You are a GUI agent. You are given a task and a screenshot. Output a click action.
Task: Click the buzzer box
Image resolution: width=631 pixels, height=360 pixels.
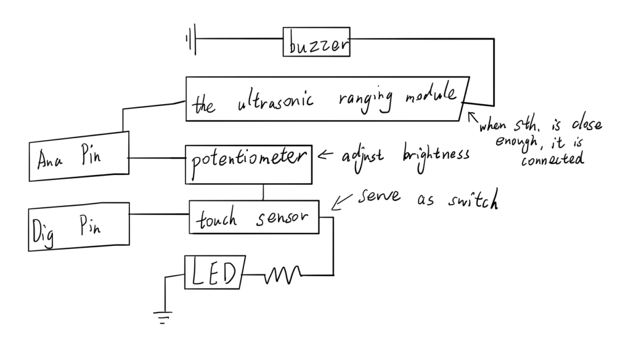coord(317,42)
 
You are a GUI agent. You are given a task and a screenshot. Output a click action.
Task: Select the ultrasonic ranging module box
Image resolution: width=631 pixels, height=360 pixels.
coord(327,99)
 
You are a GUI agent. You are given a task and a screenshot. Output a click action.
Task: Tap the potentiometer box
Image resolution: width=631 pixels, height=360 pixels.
coord(248,164)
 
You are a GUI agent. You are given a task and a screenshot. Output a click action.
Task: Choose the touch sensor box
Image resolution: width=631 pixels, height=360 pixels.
coord(254,217)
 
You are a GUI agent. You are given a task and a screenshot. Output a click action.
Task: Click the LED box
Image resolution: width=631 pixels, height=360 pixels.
coord(215,272)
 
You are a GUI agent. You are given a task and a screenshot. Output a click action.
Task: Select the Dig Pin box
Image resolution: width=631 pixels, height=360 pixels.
coord(79,226)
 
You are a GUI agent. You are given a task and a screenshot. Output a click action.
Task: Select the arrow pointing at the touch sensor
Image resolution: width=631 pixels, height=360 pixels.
coord(340,202)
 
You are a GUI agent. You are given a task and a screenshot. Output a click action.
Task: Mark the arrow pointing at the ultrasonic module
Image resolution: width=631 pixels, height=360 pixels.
coord(474,118)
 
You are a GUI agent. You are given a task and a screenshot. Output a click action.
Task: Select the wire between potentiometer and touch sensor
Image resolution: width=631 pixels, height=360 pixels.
coord(263,192)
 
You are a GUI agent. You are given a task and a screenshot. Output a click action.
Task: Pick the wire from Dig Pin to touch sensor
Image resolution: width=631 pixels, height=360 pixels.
coord(159,215)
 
